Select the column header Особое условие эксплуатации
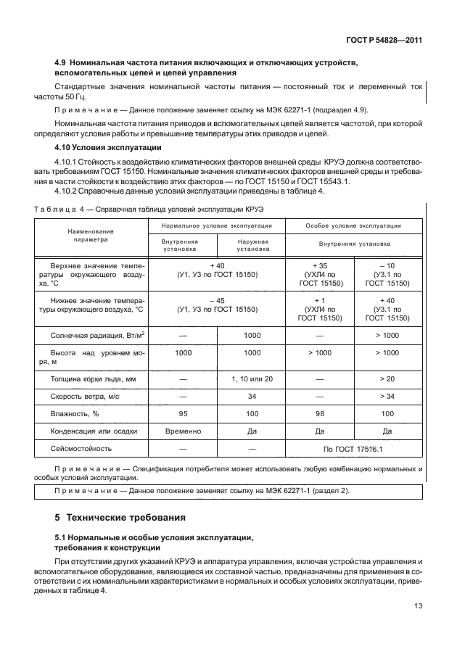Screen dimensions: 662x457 (353, 226)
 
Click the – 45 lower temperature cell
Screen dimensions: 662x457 (218, 305)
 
